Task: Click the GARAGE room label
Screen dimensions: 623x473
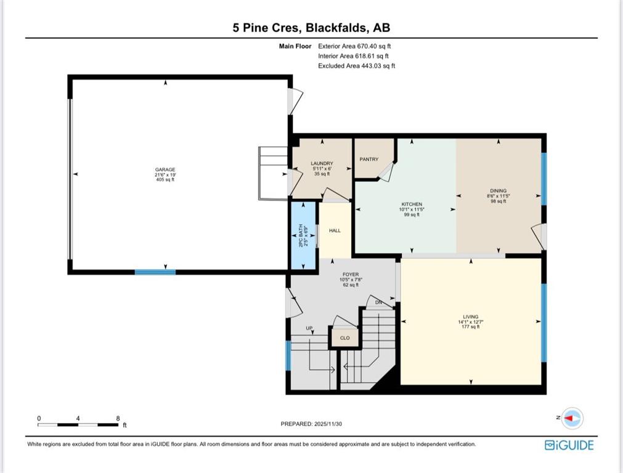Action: [165, 169]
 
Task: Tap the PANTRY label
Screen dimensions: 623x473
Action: [369, 160]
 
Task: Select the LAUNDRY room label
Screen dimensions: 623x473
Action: [322, 163]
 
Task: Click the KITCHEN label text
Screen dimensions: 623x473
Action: [412, 204]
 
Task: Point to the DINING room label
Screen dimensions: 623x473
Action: [499, 191]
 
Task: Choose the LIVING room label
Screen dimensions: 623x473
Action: [470, 317]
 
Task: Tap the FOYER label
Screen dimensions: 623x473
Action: [351, 275]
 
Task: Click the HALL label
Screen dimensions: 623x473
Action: [335, 230]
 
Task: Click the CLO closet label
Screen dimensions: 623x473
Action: [345, 338]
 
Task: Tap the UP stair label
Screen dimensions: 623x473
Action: [309, 328]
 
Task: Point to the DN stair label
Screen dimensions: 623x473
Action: [378, 302]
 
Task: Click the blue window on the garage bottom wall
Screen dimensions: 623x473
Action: [155, 272]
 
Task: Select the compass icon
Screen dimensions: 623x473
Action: [572, 418]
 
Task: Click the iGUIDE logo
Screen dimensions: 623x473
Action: [569, 445]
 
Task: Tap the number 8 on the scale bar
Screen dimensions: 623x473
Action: [118, 418]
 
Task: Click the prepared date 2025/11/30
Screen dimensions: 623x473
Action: [328, 424]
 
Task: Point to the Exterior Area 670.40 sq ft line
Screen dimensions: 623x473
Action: [354, 46]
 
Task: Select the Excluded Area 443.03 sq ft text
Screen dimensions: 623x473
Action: [356, 66]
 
